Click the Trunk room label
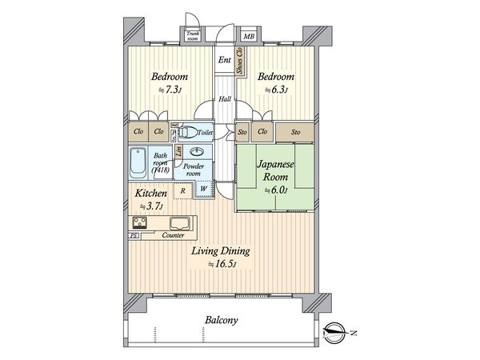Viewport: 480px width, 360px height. point(193,34)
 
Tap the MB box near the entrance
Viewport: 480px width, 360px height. point(250,36)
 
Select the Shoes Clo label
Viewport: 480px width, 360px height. point(240,62)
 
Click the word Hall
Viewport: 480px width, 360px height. point(226,100)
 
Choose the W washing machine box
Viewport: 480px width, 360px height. point(203,190)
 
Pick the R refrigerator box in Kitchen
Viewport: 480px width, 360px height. point(183,190)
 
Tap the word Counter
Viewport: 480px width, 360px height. point(174,236)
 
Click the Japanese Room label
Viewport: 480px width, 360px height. point(275,170)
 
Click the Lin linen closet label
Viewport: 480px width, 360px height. point(178,151)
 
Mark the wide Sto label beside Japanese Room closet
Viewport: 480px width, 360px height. point(295,132)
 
